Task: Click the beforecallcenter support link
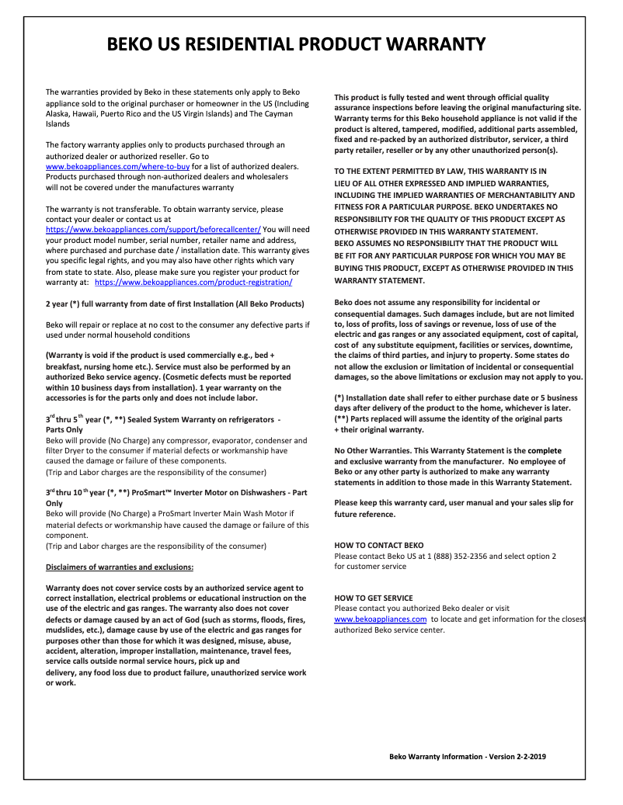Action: pyautogui.click(x=153, y=230)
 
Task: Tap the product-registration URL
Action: pyautogui.click(x=193, y=283)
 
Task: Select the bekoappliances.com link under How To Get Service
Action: pyautogui.click(x=380, y=619)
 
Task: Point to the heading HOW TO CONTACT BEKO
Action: pyautogui.click(x=378, y=545)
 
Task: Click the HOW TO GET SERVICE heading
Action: pyautogui.click(x=373, y=598)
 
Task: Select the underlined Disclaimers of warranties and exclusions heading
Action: pyautogui.click(x=120, y=567)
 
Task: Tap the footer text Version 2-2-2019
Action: pyautogui.click(x=519, y=756)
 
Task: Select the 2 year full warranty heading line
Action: pyautogui.click(x=175, y=304)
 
